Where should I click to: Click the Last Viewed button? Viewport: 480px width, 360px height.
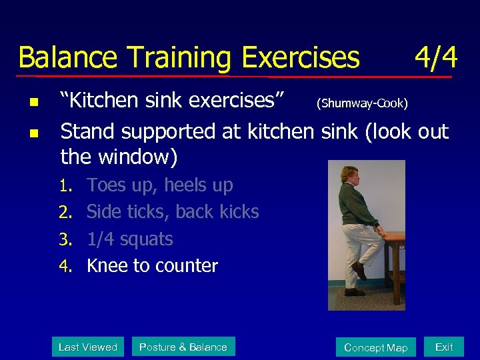point(88,347)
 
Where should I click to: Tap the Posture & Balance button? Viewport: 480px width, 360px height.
point(183,347)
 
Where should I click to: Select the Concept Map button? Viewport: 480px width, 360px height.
point(375,347)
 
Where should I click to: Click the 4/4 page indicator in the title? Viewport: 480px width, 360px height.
point(435,58)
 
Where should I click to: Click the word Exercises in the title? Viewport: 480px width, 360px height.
point(300,58)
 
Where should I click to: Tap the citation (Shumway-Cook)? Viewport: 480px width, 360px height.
point(362,103)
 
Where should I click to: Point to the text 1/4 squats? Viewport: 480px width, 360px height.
point(130,239)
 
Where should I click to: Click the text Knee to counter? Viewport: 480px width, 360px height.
point(152,265)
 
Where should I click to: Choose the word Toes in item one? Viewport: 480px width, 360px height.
point(106,185)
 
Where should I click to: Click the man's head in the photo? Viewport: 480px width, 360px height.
point(349,175)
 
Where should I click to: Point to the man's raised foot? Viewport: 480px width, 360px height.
point(359,270)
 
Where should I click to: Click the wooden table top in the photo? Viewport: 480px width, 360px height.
point(395,236)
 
